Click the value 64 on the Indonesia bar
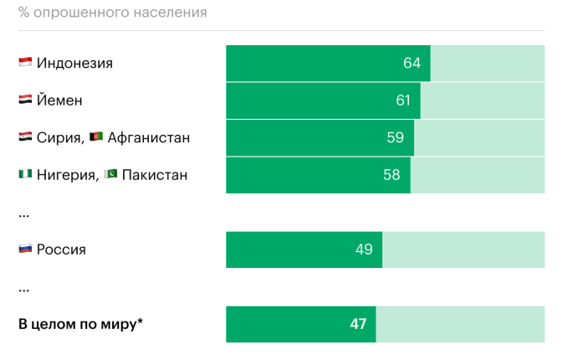point(412,64)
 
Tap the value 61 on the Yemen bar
point(403,100)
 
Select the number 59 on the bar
point(396,138)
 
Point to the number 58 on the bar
point(392,175)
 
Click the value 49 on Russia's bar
point(364,249)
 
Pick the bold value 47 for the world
point(358,324)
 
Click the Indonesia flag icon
point(25,63)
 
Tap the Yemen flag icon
point(25,100)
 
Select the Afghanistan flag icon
point(96,137)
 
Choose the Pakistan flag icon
point(111,174)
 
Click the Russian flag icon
point(25,249)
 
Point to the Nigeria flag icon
point(25,174)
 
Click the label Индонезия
point(74,64)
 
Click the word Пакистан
point(155,175)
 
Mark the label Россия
point(61,249)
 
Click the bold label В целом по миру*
point(80,324)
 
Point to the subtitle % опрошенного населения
point(113,13)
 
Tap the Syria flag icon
point(25,137)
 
